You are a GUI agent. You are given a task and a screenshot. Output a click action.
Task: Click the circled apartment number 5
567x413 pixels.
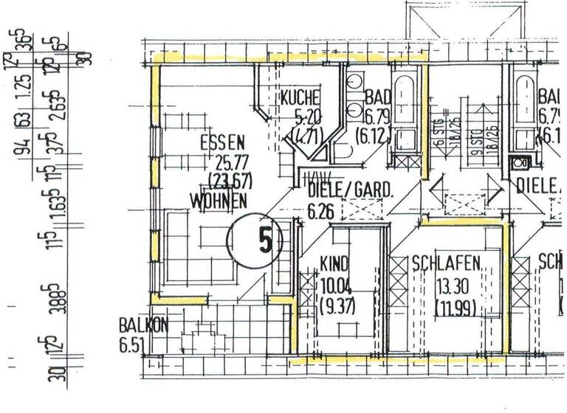[250, 240]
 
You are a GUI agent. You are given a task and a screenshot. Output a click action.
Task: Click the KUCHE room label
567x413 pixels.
[300, 97]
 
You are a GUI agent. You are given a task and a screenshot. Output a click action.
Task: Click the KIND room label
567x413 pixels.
[334, 263]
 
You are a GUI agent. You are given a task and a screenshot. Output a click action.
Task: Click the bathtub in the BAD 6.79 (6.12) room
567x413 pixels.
[406, 111]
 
